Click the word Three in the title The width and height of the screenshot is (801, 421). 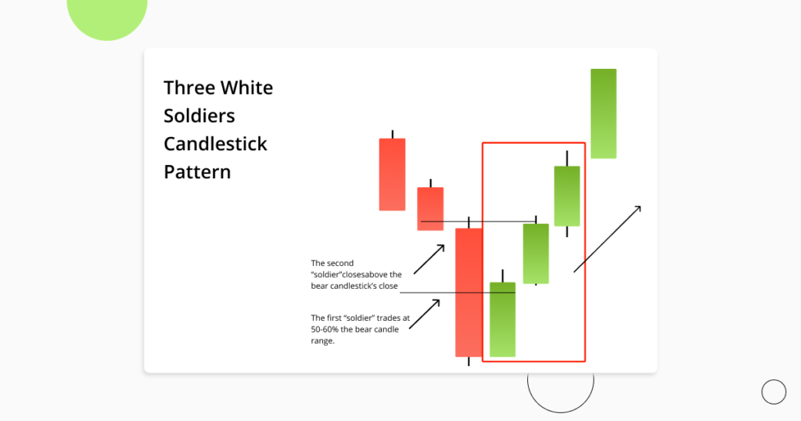189,88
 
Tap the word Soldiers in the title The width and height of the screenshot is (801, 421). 199,116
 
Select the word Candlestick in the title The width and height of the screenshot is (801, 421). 215,144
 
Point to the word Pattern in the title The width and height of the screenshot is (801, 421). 197,172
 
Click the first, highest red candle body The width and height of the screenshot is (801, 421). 392,175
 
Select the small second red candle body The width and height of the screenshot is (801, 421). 430,208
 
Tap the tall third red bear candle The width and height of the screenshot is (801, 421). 469,292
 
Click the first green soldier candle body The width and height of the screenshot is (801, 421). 502,319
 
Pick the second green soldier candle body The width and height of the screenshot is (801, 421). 536,254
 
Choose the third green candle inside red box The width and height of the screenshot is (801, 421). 567,196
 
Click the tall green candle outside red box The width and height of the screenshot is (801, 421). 603,113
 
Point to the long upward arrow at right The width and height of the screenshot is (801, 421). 608,239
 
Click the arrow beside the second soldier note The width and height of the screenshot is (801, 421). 429,259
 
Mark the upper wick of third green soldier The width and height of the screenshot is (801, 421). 567,158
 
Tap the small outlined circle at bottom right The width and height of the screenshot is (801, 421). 774,392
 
